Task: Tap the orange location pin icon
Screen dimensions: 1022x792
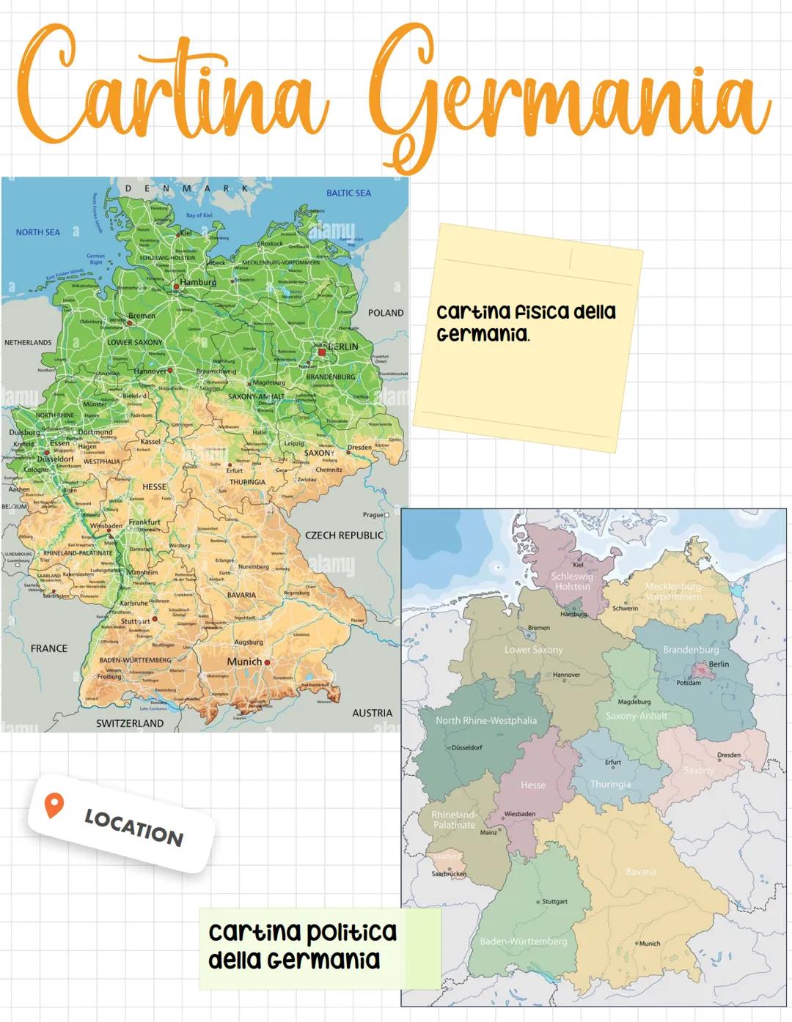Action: [54, 805]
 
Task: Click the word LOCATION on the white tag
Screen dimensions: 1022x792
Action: [133, 827]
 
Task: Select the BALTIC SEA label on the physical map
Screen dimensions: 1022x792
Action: [348, 193]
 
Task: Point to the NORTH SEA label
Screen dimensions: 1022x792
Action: [38, 232]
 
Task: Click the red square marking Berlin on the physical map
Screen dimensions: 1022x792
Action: [321, 352]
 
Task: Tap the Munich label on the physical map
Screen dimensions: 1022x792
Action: [244, 662]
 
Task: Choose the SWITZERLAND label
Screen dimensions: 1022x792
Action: [130, 723]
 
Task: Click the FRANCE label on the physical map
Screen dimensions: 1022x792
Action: [49, 648]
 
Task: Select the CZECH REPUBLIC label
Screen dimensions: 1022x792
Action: [344, 536]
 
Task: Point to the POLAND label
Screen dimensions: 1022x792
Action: [386, 313]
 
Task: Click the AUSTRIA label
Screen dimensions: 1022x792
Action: [372, 713]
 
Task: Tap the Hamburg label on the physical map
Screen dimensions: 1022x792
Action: [198, 282]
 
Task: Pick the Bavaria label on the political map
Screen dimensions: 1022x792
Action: [641, 872]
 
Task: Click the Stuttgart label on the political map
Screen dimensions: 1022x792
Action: [554, 901]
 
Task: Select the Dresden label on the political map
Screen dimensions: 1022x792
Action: [728, 755]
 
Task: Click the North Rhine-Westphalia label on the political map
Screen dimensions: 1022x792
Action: [486, 720]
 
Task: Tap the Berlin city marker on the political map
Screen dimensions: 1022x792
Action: [702, 670]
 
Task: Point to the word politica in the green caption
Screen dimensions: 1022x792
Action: [351, 932]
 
